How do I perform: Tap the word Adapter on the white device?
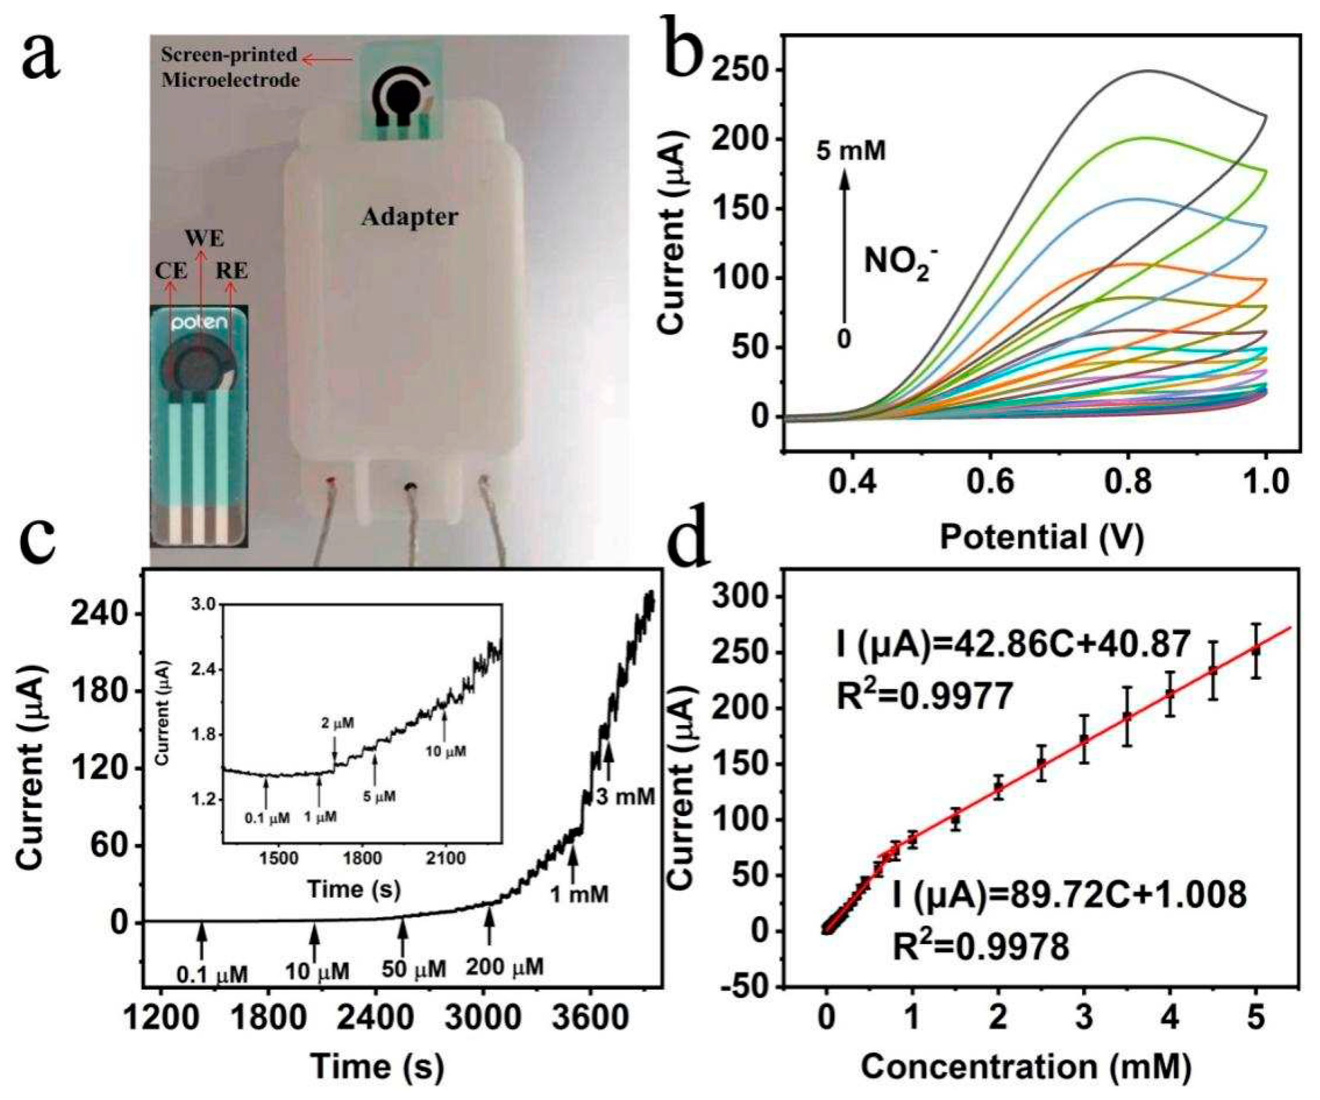[410, 217]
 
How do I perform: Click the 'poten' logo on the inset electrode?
[199, 325]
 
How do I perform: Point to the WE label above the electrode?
[204, 240]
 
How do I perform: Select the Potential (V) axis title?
[1040, 538]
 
